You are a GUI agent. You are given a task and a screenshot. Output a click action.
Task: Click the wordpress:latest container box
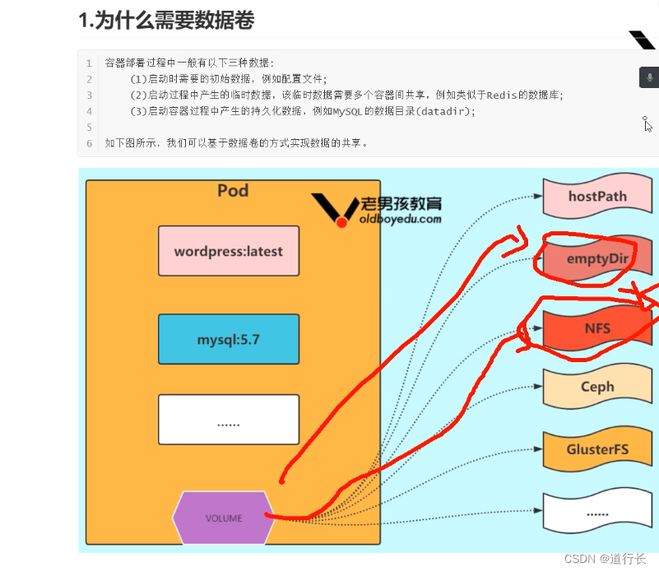click(229, 251)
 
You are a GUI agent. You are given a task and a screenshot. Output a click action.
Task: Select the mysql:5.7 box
click(229, 339)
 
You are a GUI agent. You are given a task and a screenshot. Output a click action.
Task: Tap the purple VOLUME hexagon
click(224, 519)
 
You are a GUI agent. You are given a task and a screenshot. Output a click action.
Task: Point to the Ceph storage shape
click(597, 387)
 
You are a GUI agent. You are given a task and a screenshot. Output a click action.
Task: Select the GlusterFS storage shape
click(597, 451)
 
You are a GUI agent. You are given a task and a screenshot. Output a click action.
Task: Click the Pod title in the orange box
click(233, 191)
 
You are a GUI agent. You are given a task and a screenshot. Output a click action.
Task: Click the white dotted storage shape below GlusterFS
click(597, 513)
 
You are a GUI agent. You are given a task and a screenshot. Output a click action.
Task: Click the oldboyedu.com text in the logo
click(401, 219)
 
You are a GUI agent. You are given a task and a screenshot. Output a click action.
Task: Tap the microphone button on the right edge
click(649, 77)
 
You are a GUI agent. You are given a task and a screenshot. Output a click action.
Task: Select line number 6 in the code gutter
click(90, 143)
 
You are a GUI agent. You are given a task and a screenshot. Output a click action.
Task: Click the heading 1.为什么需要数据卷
click(166, 21)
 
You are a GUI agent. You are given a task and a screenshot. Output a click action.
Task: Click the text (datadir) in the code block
click(443, 111)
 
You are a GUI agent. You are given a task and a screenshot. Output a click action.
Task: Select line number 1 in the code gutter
click(90, 63)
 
